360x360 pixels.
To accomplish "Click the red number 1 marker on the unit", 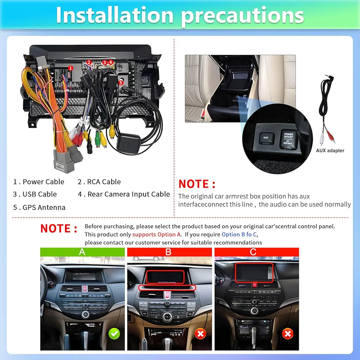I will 70,68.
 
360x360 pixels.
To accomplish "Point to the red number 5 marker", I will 121,82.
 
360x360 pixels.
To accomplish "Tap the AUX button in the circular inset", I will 266,137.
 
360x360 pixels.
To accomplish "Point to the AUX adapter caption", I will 330,150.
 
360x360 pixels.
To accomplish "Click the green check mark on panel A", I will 115,333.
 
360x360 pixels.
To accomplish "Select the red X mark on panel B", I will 201,333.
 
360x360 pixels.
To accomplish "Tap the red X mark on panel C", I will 288,333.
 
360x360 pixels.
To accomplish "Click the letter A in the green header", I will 83,252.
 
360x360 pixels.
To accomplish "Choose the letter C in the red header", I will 253,252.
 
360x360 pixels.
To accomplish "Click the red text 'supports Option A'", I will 157,234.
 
